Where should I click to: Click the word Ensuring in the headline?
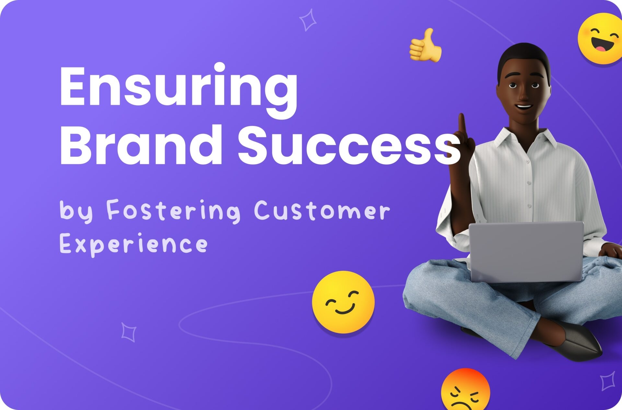[178, 90]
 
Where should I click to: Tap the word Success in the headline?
[349, 145]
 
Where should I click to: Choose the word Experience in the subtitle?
[133, 244]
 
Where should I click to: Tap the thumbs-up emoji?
[425, 45]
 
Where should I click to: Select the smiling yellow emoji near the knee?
[343, 302]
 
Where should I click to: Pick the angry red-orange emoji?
[466, 390]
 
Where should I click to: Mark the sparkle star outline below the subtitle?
[129, 332]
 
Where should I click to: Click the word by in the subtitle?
[76, 211]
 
